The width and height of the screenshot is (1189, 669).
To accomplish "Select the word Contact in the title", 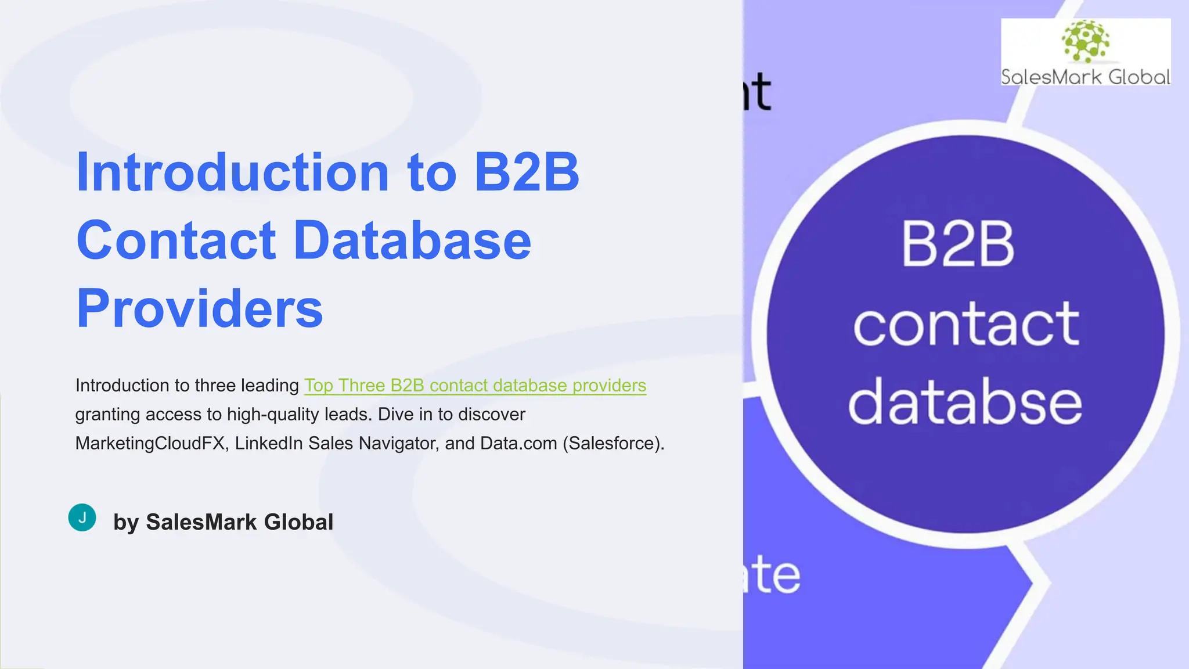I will [176, 240].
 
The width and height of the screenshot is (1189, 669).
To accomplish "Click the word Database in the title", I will [412, 240].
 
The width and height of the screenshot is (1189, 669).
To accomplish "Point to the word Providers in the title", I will [199, 308].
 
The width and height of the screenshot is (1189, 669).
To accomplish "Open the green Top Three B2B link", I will [475, 386].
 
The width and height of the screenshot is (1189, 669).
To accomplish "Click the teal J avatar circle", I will [82, 517].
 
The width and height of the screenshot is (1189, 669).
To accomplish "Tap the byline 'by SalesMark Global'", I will [223, 522].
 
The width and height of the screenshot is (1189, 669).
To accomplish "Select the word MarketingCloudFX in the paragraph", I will [150, 444].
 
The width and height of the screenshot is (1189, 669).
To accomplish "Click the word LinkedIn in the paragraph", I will [269, 444].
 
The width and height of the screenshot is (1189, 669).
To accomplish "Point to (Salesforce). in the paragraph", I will [614, 444].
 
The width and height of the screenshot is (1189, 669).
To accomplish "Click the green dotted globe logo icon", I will [1085, 41].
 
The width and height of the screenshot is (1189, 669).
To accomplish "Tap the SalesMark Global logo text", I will [1085, 77].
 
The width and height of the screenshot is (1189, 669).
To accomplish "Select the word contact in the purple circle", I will [965, 323].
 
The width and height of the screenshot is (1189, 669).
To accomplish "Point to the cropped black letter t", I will [759, 92].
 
